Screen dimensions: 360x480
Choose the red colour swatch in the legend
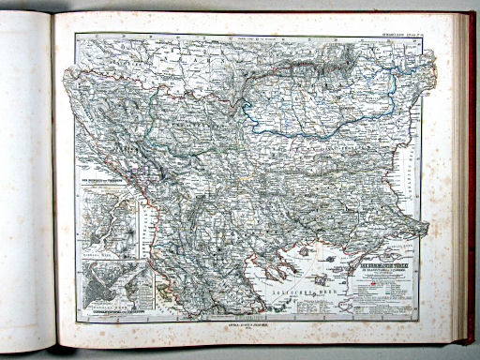pyautogui.click(x=360, y=280)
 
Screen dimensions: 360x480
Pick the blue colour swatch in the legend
pyautogui.click(x=360, y=287)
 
